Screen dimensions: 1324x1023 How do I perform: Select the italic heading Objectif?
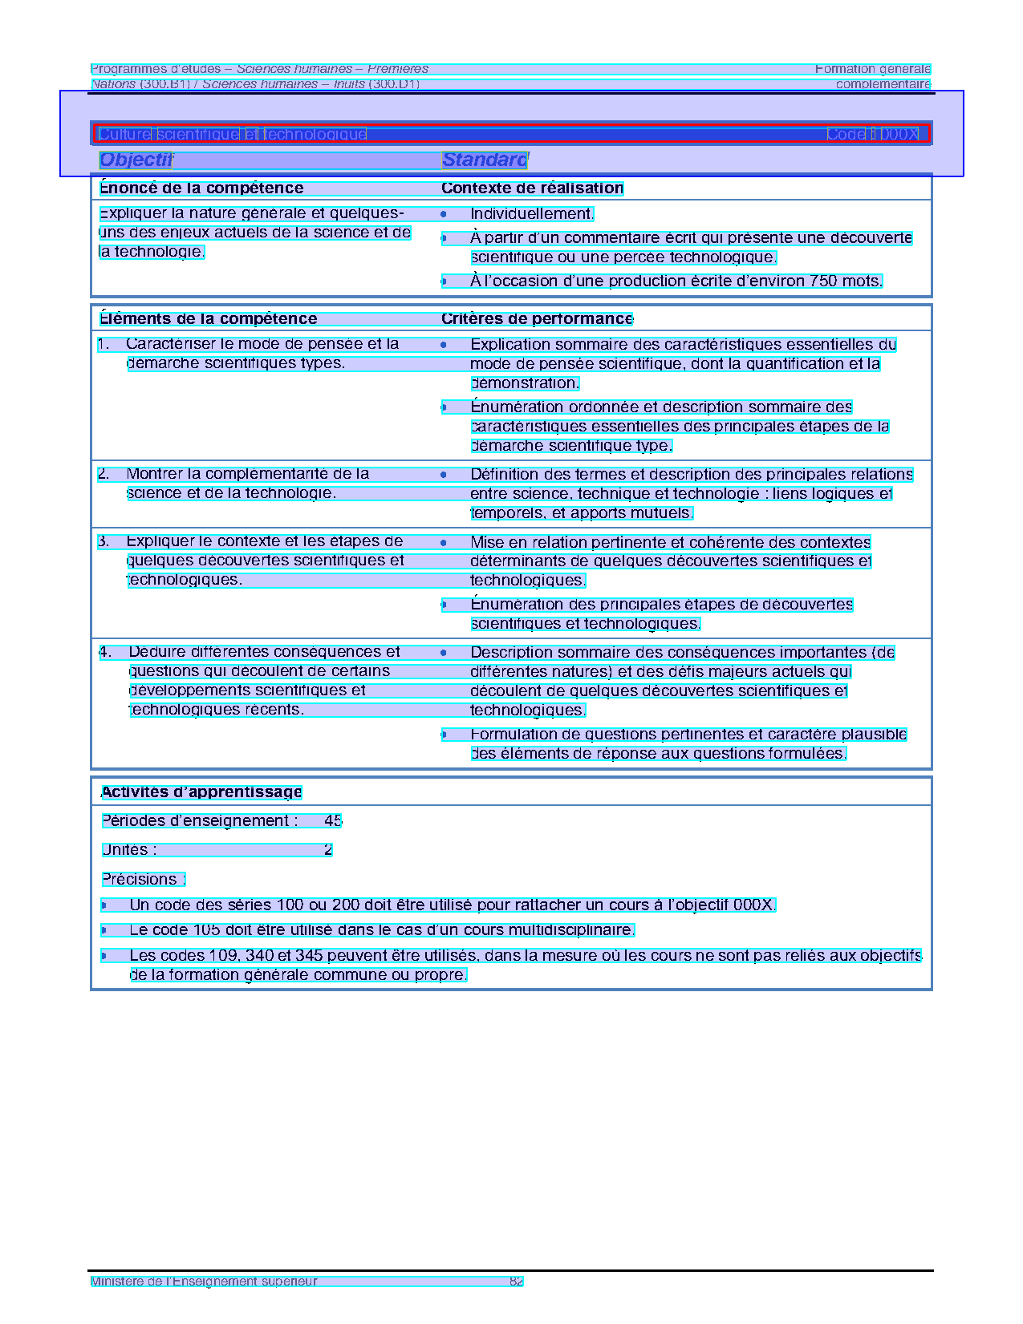136,160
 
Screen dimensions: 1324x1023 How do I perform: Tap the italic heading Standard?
485,160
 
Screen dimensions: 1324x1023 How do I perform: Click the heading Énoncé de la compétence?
201,188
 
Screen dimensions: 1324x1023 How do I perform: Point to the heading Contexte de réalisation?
532,188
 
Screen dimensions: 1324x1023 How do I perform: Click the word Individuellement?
531,214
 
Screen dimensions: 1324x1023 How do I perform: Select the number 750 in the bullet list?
823,281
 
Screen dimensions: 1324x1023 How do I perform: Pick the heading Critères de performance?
537,319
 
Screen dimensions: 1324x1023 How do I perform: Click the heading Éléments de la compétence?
208,319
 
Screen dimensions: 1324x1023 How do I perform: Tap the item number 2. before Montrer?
104,474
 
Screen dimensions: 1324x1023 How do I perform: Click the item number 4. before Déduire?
105,652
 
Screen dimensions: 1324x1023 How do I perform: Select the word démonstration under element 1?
525,383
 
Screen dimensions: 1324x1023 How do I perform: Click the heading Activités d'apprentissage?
201,792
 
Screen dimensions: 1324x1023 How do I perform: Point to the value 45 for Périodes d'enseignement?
333,821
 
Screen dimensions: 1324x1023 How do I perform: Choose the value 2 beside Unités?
328,850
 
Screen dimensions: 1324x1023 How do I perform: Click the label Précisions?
142,880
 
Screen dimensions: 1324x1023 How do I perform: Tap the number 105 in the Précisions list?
206,930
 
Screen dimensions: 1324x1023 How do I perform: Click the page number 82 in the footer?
516,1281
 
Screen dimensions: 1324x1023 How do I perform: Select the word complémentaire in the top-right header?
883,84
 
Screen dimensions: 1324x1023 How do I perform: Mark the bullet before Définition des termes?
443,475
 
